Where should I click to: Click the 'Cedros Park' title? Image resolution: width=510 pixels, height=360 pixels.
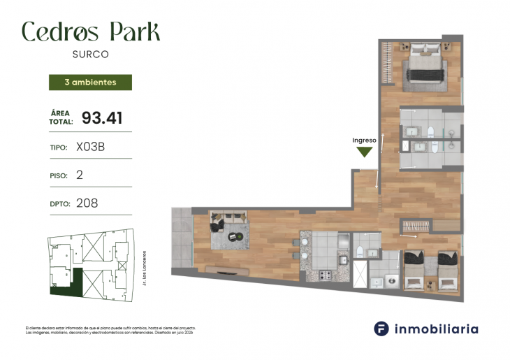[91, 31]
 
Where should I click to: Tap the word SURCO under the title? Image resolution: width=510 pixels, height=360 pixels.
[91, 53]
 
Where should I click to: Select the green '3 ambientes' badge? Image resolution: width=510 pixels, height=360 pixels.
[90, 82]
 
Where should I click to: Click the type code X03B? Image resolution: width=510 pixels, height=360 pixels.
[91, 147]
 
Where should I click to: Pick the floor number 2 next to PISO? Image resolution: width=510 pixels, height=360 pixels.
[80, 175]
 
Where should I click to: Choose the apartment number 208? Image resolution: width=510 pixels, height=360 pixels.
[87, 203]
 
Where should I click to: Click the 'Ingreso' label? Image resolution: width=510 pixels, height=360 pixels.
[365, 141]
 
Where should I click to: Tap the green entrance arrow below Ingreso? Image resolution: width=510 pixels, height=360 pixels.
[365, 152]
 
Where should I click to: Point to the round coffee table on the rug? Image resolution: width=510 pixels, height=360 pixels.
[238, 236]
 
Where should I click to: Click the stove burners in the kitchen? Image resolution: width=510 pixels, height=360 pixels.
[326, 275]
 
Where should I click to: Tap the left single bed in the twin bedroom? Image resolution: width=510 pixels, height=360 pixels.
[415, 271]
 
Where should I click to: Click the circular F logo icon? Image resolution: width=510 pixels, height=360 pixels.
[381, 329]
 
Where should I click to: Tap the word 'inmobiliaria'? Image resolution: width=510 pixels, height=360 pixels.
[437, 329]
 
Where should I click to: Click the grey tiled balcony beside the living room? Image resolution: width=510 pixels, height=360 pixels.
[182, 238]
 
